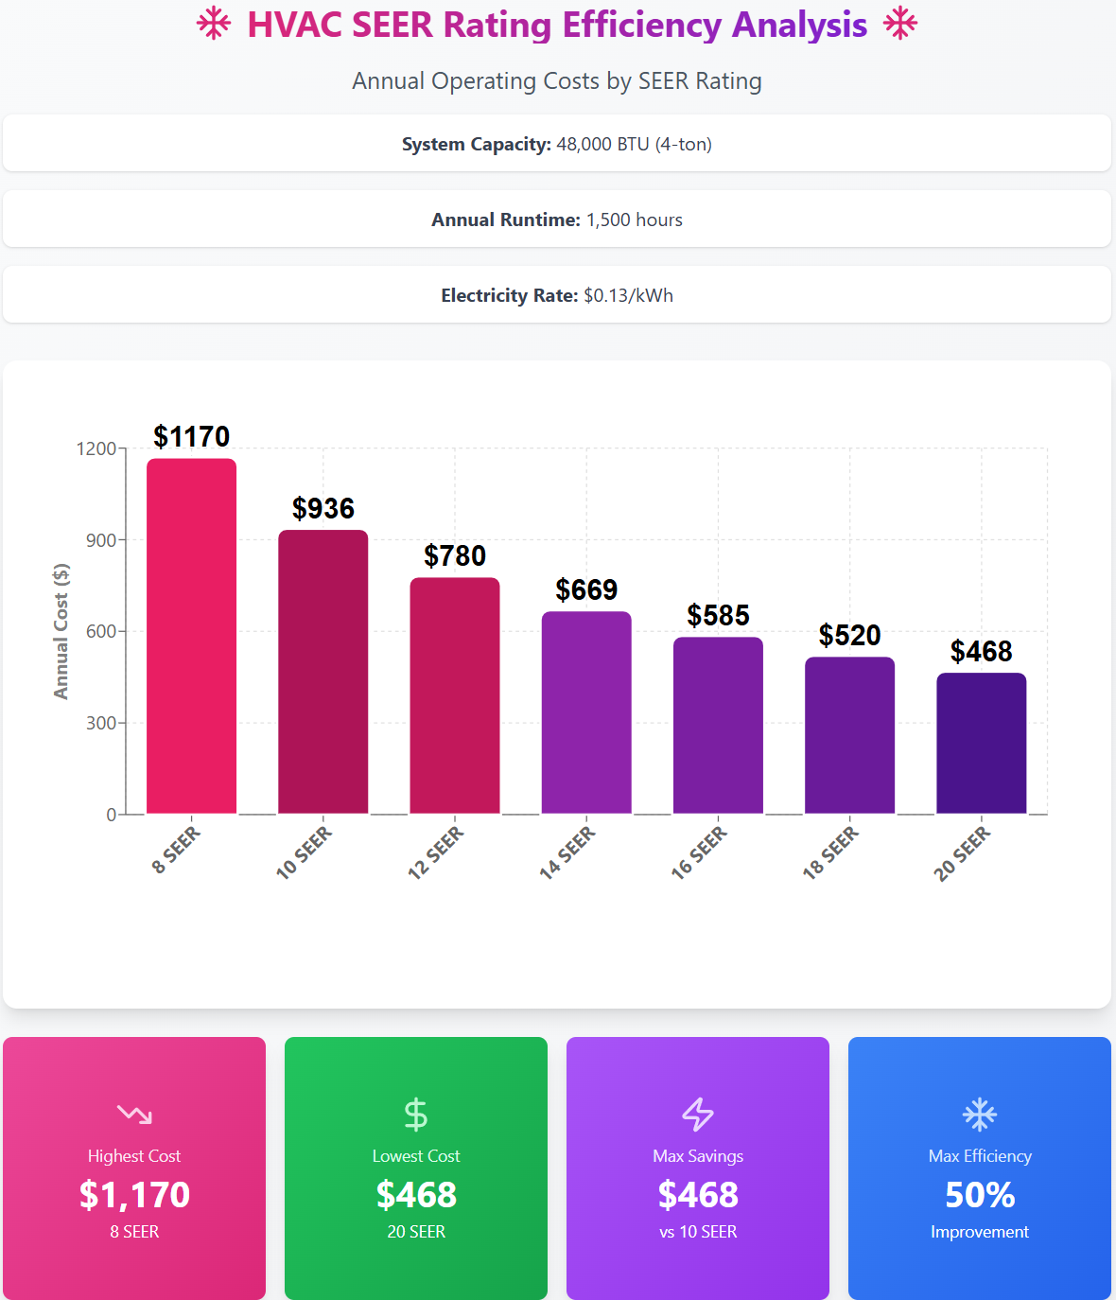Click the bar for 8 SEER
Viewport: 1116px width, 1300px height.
click(x=191, y=636)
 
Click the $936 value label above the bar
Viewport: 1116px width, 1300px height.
click(x=323, y=509)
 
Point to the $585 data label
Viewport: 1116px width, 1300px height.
click(x=718, y=616)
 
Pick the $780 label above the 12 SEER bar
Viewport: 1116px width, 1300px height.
click(x=455, y=556)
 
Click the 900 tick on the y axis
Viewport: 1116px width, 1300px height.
click(x=101, y=540)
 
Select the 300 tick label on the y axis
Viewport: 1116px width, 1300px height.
click(x=101, y=723)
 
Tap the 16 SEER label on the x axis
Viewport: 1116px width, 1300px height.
click(x=700, y=852)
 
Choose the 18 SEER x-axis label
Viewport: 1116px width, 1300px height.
click(x=831, y=852)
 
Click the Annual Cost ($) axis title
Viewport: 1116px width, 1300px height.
click(x=61, y=631)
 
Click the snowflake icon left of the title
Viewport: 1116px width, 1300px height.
click(x=214, y=25)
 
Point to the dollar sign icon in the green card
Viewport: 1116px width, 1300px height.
click(x=416, y=1115)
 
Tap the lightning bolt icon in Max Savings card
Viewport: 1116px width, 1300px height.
click(x=698, y=1115)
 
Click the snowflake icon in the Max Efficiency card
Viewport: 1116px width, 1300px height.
click(x=980, y=1115)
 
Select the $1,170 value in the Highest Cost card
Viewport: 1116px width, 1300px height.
click(x=134, y=1195)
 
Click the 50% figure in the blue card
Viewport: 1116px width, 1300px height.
click(x=980, y=1195)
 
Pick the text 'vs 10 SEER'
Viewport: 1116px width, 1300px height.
click(x=698, y=1232)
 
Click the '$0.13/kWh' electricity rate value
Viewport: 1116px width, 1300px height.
click(x=629, y=295)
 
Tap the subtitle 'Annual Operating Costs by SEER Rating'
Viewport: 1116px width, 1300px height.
click(x=557, y=81)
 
